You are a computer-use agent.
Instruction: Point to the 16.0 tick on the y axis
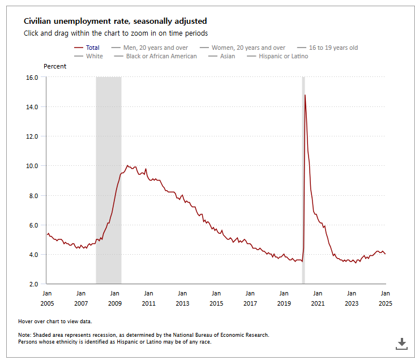point(32,77)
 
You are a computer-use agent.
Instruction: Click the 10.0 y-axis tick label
point(32,166)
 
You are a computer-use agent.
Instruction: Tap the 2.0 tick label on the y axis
point(33,284)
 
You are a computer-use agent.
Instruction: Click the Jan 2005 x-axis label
point(47,298)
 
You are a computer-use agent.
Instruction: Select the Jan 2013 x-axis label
point(182,298)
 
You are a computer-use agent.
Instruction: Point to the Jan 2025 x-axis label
point(385,298)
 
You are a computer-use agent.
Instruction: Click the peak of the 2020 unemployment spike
point(305,95)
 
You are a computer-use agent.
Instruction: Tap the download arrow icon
point(401,343)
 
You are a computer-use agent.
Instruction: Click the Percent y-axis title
point(55,66)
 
